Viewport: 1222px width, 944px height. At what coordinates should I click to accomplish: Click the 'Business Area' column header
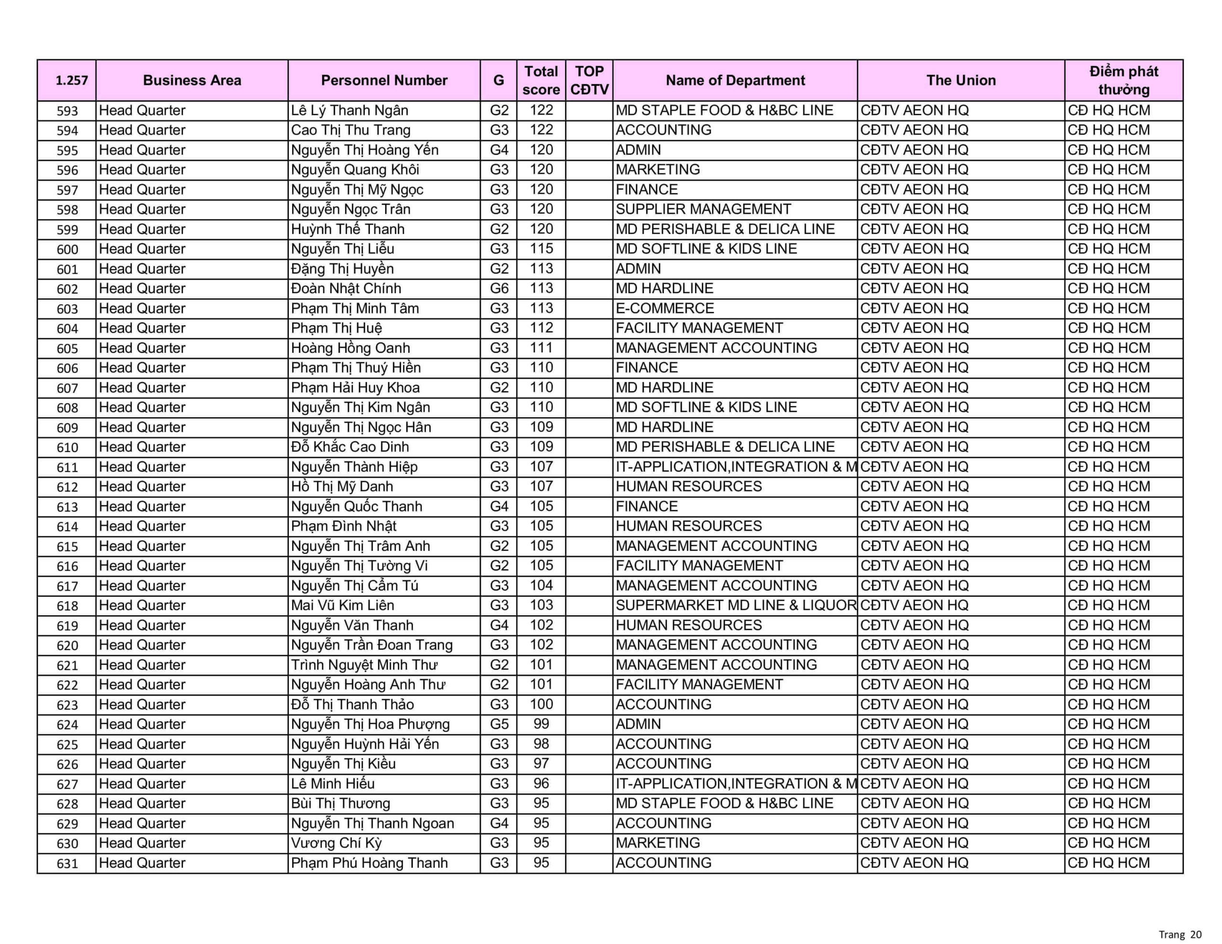pyautogui.click(x=192, y=80)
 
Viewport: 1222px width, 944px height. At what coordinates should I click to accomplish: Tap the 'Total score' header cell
pyautogui.click(x=540, y=80)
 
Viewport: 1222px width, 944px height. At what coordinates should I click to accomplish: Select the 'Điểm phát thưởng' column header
pyautogui.click(x=1123, y=80)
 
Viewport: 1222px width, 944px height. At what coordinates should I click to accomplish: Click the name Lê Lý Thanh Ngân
pyautogui.click(x=349, y=110)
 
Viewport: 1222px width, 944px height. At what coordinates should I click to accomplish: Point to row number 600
pyautogui.click(x=67, y=250)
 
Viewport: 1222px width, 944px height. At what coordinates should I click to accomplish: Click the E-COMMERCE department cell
pyautogui.click(x=665, y=308)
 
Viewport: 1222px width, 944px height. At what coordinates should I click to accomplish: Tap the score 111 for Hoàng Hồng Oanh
pyautogui.click(x=541, y=348)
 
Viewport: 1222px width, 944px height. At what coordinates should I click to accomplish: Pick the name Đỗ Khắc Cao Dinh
pyautogui.click(x=350, y=447)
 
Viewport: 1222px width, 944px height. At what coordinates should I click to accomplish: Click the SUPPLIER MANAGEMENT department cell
pyautogui.click(x=703, y=210)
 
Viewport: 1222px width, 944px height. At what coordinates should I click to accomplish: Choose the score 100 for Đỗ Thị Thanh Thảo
pyautogui.click(x=541, y=704)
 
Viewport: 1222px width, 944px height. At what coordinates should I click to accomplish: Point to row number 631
pyautogui.click(x=67, y=863)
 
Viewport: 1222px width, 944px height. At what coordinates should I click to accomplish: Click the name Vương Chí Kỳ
pyautogui.click(x=336, y=843)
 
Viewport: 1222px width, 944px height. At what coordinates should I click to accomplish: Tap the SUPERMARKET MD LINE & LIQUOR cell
pyautogui.click(x=735, y=606)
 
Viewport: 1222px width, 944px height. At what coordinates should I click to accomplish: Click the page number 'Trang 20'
pyautogui.click(x=1180, y=934)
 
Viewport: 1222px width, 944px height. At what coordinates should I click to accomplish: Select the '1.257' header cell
pyautogui.click(x=72, y=80)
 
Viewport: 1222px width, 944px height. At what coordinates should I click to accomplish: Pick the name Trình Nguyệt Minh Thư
pyautogui.click(x=364, y=665)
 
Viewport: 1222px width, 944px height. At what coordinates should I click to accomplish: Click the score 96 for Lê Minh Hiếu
pyautogui.click(x=541, y=783)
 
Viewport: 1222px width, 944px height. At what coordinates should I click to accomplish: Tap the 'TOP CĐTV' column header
pyautogui.click(x=589, y=80)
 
